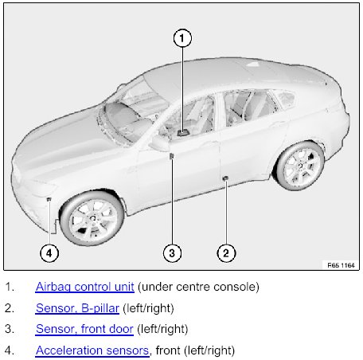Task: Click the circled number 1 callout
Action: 182,38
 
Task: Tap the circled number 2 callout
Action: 226,253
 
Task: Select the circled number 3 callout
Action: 172,253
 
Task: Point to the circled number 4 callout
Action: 49,253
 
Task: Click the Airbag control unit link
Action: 85,287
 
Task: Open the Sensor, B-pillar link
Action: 77,308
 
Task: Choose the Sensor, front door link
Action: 84,329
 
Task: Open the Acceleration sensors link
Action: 92,350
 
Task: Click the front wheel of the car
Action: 92,218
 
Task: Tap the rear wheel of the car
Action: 300,166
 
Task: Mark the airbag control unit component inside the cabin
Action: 183,133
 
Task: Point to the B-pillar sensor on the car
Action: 225,178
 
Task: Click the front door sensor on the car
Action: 171,156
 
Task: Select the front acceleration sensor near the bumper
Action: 49,199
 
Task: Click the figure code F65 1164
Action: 341,265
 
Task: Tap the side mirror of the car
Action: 160,143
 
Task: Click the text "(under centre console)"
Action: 198,287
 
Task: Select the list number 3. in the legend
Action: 10,329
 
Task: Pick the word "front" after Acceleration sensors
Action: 168,350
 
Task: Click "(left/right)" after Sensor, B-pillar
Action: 148,308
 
